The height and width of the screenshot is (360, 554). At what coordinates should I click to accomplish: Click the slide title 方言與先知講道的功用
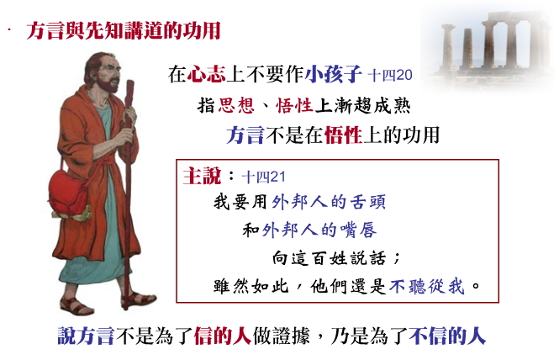124,30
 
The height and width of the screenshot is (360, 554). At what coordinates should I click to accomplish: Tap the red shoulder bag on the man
69,194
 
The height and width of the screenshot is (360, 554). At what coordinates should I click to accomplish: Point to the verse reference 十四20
390,75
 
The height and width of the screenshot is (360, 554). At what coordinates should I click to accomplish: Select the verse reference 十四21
263,177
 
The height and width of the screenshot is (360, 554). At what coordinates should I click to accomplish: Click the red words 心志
206,74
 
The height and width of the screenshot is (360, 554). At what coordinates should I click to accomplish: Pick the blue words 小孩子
333,74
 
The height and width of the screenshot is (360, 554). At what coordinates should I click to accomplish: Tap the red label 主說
202,176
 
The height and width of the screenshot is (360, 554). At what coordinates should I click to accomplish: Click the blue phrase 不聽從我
426,286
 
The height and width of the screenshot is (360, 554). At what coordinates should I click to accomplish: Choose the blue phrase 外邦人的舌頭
329,202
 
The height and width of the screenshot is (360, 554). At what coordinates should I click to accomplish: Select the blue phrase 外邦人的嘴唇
319,230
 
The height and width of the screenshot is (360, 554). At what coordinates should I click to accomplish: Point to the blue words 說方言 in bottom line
86,336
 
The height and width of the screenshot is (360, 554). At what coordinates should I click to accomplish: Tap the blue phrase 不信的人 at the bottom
447,336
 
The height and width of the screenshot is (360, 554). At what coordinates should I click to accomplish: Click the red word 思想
236,105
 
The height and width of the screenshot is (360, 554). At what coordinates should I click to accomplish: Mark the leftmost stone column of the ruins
448,46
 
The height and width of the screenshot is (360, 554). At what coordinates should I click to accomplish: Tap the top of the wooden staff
130,82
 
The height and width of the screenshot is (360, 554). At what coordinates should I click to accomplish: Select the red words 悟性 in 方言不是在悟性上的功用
343,135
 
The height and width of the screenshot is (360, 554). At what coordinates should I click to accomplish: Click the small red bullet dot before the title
9,29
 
